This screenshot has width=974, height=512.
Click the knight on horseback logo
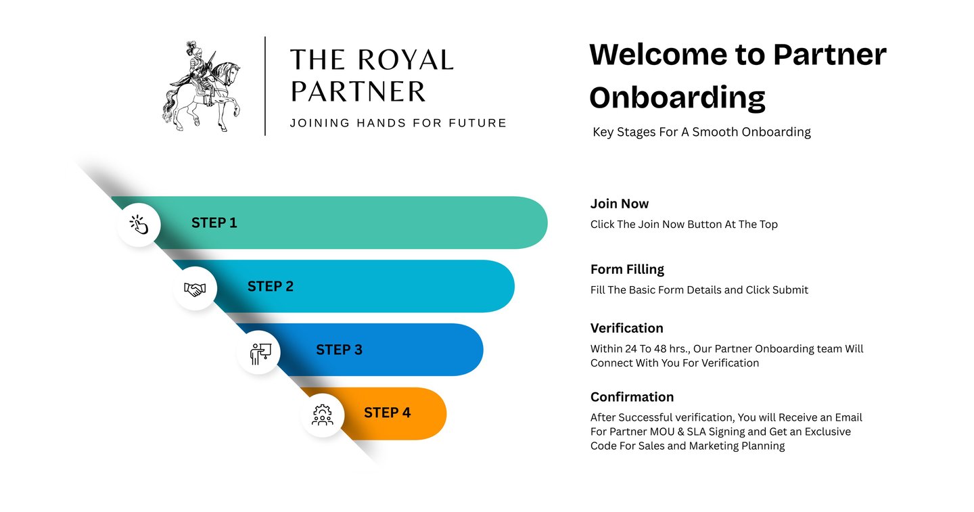[x=201, y=86]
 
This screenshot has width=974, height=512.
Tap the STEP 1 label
[x=214, y=223]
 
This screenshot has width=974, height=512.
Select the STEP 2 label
[x=270, y=286]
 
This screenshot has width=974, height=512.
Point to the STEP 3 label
[x=339, y=350]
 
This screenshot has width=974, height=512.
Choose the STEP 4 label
[x=387, y=413]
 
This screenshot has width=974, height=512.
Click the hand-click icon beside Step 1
[x=139, y=225]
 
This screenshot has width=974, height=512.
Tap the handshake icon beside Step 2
[x=195, y=289]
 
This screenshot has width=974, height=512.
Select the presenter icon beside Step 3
[x=259, y=352]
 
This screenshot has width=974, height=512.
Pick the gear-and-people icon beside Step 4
[x=323, y=415]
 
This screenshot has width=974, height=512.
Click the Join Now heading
[x=619, y=204]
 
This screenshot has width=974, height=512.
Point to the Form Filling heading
[x=627, y=269]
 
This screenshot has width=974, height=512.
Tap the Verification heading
[x=626, y=328]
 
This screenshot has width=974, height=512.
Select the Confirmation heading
[x=632, y=397]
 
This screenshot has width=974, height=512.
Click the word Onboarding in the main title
[x=677, y=97]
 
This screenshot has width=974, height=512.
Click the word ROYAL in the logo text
[x=404, y=60]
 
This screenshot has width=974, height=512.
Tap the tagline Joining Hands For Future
[x=398, y=123]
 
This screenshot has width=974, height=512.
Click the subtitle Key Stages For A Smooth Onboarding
[x=701, y=132]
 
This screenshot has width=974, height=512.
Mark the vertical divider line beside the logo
[x=265, y=86]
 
